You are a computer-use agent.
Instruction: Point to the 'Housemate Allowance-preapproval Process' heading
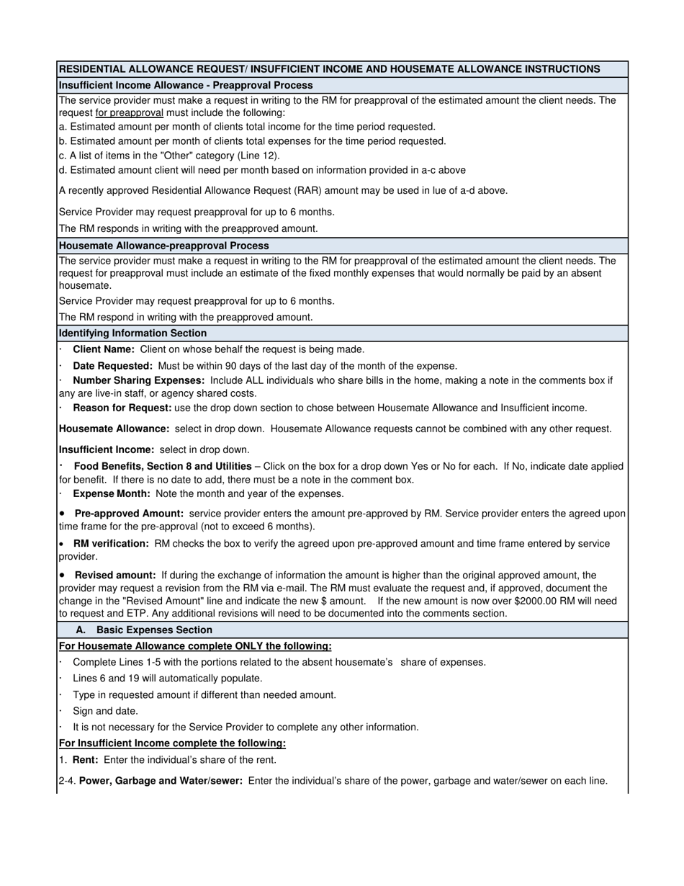tap(165, 246)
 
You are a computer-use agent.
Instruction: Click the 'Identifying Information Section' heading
tap(132, 334)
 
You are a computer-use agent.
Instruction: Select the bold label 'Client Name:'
tap(104, 349)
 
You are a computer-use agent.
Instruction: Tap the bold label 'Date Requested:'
tap(112, 366)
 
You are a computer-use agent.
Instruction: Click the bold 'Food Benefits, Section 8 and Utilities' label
tap(163, 466)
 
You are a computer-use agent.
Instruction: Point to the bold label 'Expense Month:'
tap(112, 494)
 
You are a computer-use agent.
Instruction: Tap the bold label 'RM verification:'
tap(111, 544)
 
